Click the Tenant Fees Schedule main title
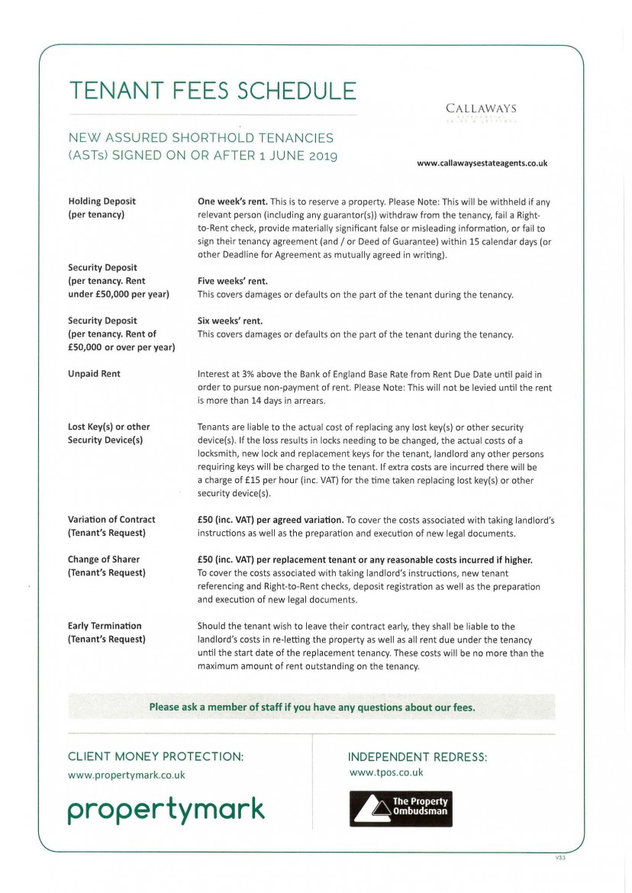pyautogui.click(x=212, y=91)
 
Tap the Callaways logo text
pyautogui.click(x=481, y=109)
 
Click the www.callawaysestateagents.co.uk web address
pyautogui.click(x=482, y=163)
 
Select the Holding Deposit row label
pyautogui.click(x=102, y=201)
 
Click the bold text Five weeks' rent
pyautogui.click(x=232, y=281)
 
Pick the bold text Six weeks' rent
pyautogui.click(x=230, y=321)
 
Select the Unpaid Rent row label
pyautogui.click(x=94, y=374)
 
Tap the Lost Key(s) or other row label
pyautogui.click(x=108, y=427)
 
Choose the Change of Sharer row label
pyautogui.click(x=104, y=559)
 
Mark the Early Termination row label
pyautogui.click(x=105, y=626)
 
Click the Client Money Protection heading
pyautogui.click(x=156, y=756)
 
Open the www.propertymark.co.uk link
pyautogui.click(x=126, y=775)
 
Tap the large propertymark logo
pyautogui.click(x=166, y=809)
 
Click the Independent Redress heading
pyautogui.click(x=417, y=757)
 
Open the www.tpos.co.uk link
pyautogui.click(x=385, y=772)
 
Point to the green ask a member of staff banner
pyautogui.click(x=311, y=707)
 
